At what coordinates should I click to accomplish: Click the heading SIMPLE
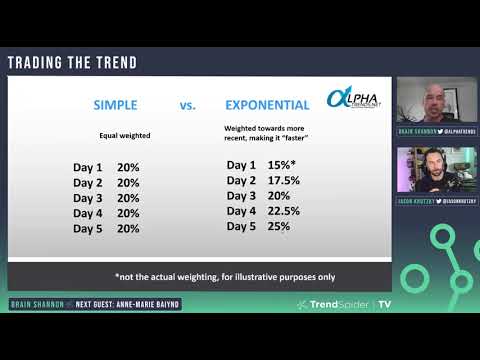(x=122, y=104)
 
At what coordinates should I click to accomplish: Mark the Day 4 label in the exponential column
(x=241, y=211)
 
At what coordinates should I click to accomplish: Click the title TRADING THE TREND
(x=72, y=63)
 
